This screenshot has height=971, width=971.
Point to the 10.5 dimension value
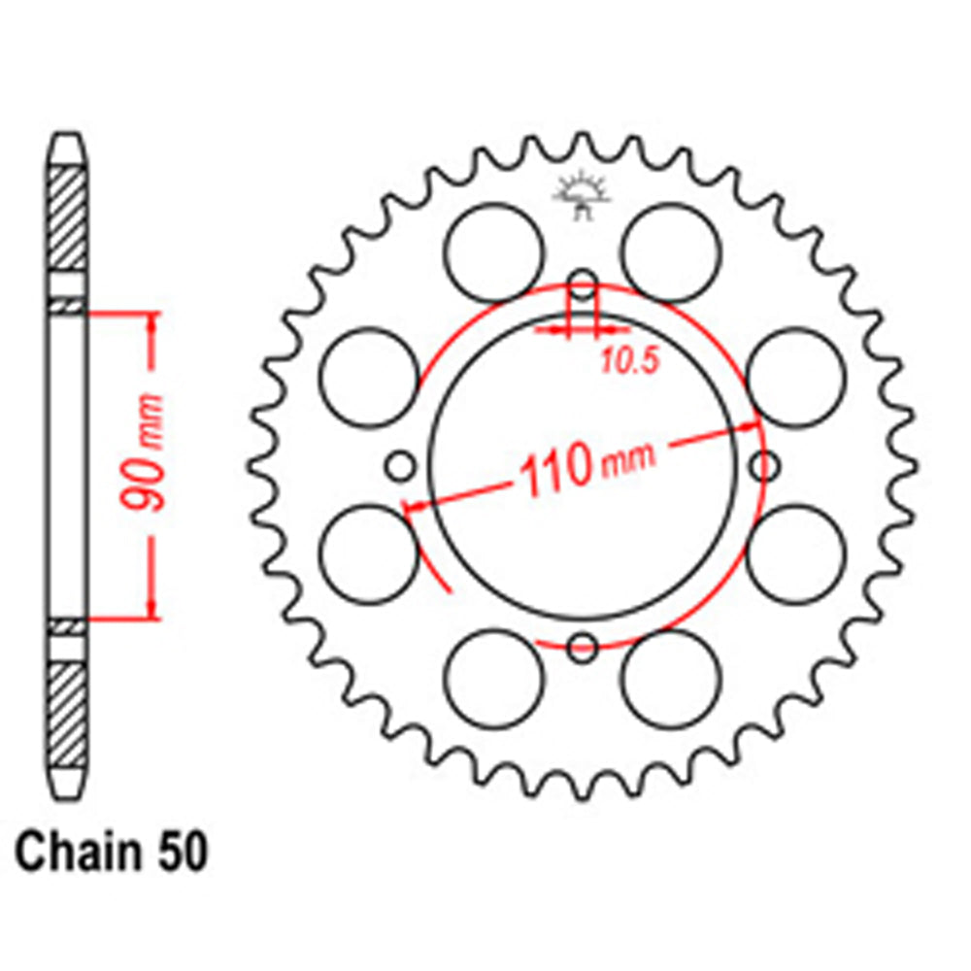pyautogui.click(x=628, y=362)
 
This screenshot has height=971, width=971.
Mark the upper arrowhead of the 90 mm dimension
pyautogui.click(x=151, y=321)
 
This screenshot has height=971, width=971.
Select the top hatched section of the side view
pyautogui.click(x=67, y=218)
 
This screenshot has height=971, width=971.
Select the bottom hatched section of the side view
pyautogui.click(x=67, y=714)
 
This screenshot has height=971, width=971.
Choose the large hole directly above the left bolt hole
pyautogui.click(x=368, y=378)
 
